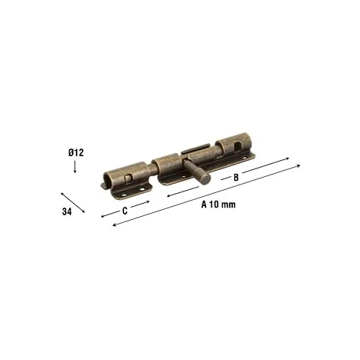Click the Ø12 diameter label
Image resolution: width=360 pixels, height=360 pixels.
[76, 152]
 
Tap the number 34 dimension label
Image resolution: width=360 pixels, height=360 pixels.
[67, 211]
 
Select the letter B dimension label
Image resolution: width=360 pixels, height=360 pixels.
[236, 177]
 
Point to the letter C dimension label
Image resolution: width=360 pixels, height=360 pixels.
[125, 211]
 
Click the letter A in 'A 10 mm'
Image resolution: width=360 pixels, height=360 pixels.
[204, 205]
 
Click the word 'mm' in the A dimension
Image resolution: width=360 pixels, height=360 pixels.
[228, 205]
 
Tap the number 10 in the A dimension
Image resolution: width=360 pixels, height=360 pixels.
[214, 205]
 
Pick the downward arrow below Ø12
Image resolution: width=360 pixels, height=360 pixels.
[75, 167]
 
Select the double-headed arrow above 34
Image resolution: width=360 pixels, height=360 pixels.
[73, 202]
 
